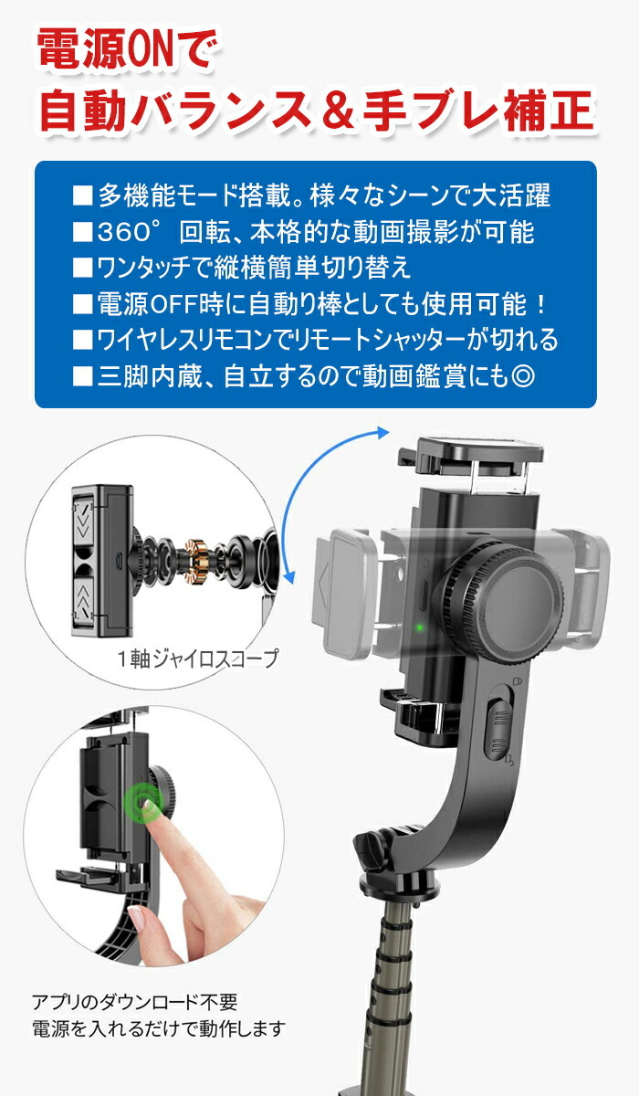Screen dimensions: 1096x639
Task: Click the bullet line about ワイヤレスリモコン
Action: pos(315,340)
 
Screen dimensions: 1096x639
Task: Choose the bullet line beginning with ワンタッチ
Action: pos(242,268)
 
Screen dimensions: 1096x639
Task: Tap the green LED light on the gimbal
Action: pos(417,627)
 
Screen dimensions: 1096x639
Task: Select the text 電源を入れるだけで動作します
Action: pos(158,1028)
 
